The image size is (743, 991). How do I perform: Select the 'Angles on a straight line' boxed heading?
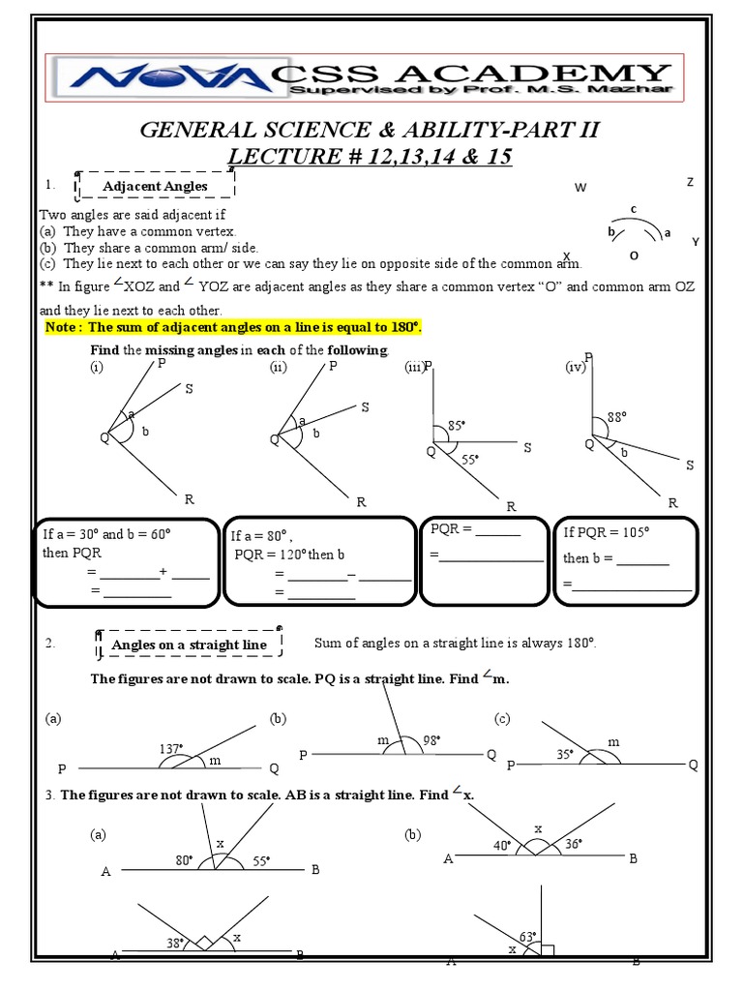[x=189, y=645]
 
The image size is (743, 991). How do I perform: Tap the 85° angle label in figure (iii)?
[x=457, y=425]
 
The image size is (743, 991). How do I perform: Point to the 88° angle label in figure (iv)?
[x=617, y=417]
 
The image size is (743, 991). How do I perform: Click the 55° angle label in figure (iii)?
[x=471, y=460]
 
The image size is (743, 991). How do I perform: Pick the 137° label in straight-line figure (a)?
[x=170, y=748]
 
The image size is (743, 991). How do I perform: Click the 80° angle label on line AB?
[x=184, y=859]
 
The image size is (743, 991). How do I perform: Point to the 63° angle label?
[x=527, y=936]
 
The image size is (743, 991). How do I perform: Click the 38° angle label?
[x=174, y=942]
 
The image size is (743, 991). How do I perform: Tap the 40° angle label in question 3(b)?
[x=501, y=845]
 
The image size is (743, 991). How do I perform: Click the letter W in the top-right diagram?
[x=580, y=188]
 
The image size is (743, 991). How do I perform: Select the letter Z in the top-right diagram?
[x=690, y=182]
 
